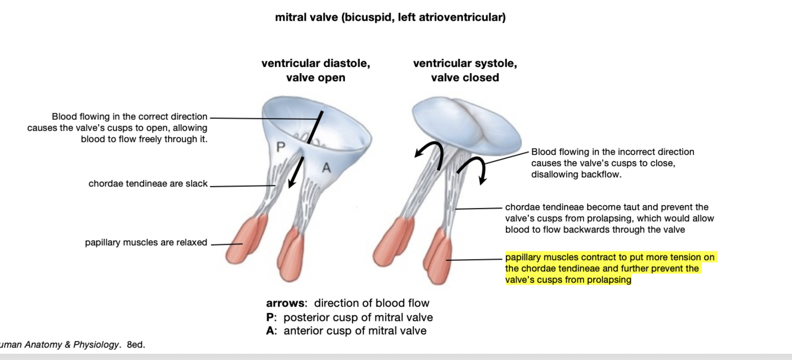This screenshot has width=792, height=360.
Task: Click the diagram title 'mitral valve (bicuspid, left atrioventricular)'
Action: [390, 18]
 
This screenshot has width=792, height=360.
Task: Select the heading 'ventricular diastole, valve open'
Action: [315, 70]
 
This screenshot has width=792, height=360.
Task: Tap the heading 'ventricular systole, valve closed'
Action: [465, 70]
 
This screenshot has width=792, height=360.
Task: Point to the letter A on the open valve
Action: [325, 168]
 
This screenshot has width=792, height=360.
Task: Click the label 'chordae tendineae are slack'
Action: [148, 184]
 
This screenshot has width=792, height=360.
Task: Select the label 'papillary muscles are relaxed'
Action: [146, 242]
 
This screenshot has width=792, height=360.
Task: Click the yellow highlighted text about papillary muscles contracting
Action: [610, 269]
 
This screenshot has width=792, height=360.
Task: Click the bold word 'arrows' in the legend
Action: [287, 304]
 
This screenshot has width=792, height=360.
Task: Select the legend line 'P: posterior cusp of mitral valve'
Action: [349, 317]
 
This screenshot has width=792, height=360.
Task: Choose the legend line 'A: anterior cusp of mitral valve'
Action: [346, 331]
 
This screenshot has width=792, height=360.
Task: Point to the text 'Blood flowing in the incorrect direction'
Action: [612, 152]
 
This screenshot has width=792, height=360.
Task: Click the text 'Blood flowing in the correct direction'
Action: [129, 116]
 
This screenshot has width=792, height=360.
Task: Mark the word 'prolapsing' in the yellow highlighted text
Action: [610, 280]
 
